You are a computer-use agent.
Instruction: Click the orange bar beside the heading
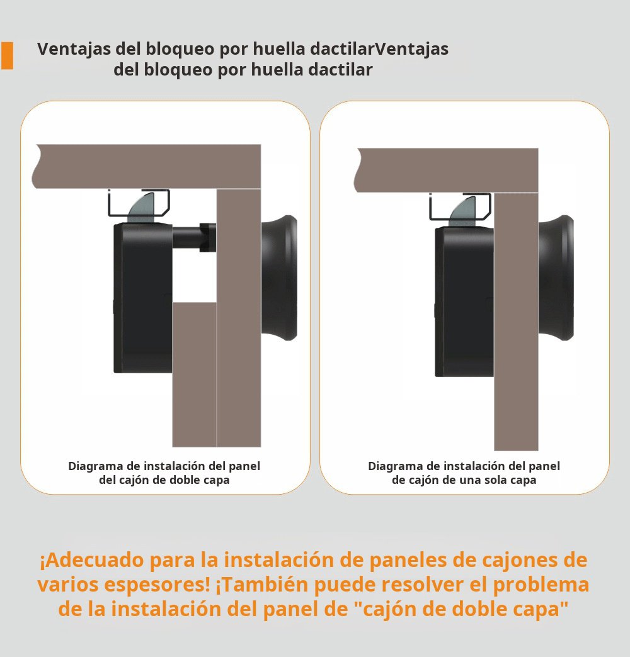[7, 55]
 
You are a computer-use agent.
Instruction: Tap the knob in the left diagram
[281, 277]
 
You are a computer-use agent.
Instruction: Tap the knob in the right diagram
[557, 277]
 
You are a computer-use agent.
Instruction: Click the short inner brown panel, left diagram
[194, 374]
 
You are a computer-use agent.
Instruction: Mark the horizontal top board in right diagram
[447, 169]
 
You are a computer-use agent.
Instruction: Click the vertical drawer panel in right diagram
[516, 321]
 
